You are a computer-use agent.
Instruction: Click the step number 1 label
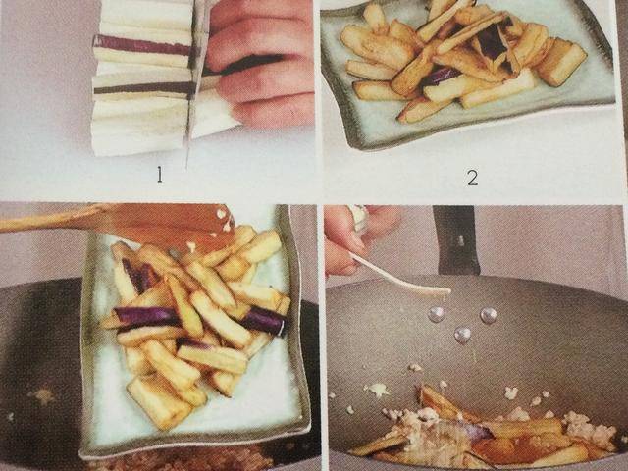(159, 175)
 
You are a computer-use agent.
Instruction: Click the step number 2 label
(473, 178)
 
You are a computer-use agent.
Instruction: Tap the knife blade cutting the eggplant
(195, 80)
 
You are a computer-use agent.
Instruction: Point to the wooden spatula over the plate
(120, 223)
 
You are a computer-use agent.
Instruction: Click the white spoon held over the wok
(400, 277)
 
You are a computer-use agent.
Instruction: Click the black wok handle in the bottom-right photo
(456, 239)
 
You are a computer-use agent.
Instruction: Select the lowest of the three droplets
(462, 335)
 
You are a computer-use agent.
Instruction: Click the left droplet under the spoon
(436, 314)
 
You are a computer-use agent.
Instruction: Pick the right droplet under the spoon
(489, 316)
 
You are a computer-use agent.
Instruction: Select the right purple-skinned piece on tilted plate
(263, 322)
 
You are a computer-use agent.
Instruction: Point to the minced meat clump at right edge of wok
(589, 428)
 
